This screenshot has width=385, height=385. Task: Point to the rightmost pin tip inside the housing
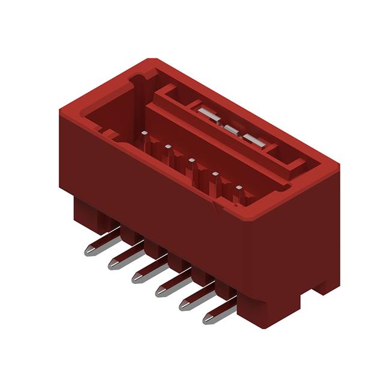[x=239, y=189]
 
